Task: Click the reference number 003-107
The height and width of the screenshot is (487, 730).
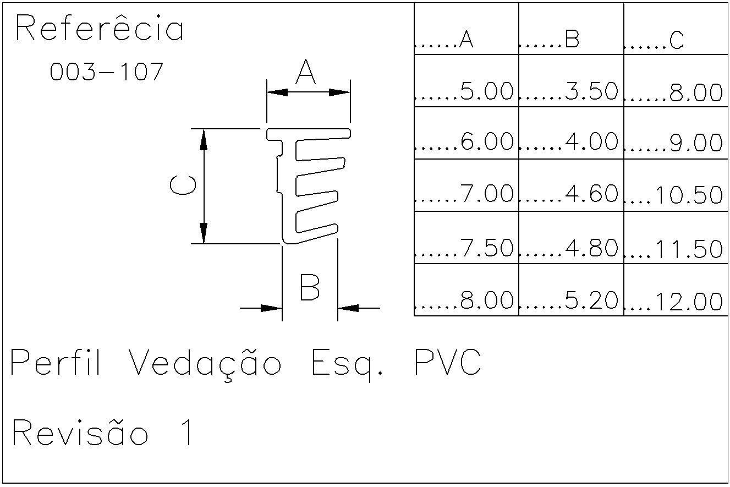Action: coord(107,72)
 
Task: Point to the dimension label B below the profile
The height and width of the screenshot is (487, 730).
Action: coord(310,287)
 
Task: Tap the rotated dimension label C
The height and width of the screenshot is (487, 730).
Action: coord(183,186)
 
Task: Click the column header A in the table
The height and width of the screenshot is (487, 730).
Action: coord(465,40)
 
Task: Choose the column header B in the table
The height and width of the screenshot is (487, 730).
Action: coord(572,40)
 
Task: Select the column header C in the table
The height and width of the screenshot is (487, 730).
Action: coord(676,40)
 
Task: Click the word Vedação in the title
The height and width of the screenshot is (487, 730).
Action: coord(206,364)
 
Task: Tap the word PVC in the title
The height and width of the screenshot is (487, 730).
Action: coord(447,363)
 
